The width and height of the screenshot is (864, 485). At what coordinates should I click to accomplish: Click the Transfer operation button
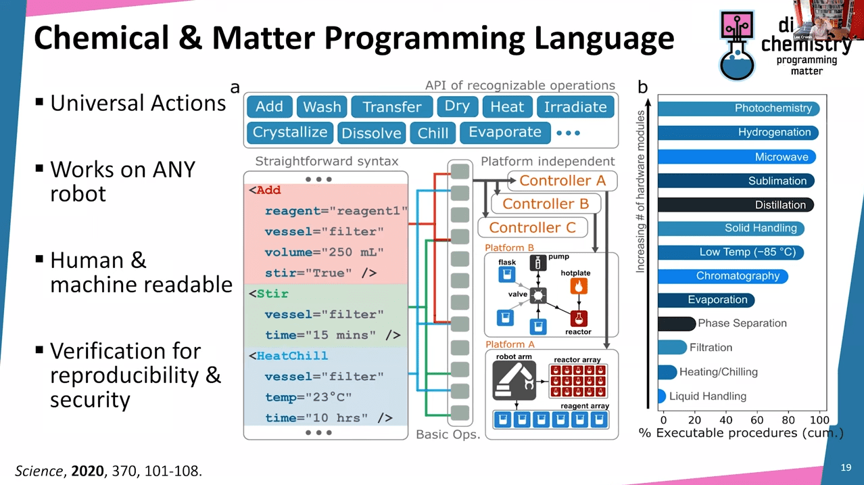point(391,107)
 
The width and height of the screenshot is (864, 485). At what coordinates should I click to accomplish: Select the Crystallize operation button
point(289,133)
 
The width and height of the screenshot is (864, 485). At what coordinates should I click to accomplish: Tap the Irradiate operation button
point(575,107)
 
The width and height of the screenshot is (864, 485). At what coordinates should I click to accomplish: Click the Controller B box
point(546,204)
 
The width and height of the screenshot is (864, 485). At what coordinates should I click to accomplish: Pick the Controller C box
point(532,227)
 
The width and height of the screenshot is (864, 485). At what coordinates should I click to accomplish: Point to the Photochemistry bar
point(738,108)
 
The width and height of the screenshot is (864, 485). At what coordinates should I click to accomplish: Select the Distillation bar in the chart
point(736,204)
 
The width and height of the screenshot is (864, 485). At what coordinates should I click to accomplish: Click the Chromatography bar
point(723,276)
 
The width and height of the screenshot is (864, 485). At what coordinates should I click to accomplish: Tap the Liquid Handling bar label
point(707,396)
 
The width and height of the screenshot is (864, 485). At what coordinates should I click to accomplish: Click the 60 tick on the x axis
point(757,420)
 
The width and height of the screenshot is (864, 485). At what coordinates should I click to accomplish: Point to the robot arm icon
point(514,382)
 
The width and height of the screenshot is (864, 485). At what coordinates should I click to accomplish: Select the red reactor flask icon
point(578,318)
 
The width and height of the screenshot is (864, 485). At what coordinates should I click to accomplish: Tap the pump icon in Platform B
point(538,262)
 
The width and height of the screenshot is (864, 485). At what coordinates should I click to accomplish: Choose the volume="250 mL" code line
point(324,252)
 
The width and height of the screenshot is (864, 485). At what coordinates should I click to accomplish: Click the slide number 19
point(846,467)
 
